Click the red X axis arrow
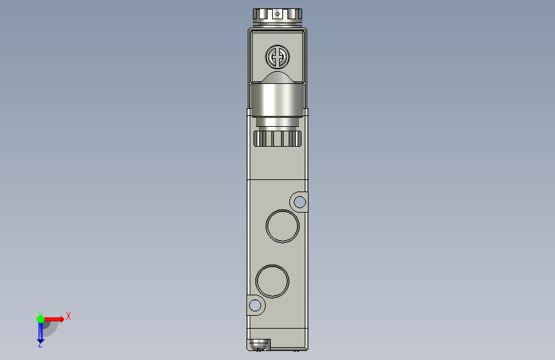(53, 319)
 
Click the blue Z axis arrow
(40, 332)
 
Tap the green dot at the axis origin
(40, 319)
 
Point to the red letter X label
(68, 316)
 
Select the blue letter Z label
(40, 345)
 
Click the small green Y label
(40, 314)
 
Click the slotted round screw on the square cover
(278, 57)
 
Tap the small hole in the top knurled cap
(278, 14)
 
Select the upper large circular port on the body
(282, 226)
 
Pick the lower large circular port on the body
(272, 281)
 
